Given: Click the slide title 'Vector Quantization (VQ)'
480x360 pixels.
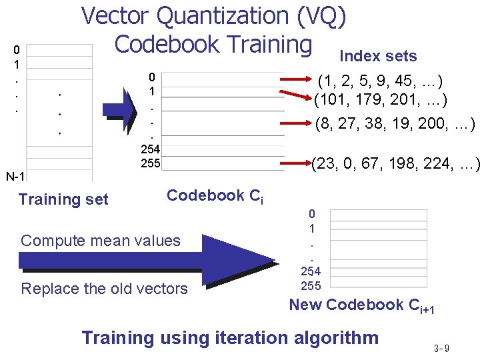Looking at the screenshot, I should coord(213,16).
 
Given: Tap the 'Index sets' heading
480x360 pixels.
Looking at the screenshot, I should coord(378,56).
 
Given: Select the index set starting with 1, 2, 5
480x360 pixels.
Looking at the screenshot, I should coord(381,82).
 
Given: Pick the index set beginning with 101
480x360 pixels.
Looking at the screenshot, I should coord(381,101).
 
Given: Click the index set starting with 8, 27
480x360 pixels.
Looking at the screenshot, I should coord(395,123).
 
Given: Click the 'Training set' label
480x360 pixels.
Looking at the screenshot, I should coord(63,199).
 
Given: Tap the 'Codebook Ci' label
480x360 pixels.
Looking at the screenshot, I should coord(215,196).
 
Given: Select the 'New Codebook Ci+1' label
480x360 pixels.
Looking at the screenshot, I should coord(361,305).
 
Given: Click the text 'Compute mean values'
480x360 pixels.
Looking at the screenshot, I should coord(101,241).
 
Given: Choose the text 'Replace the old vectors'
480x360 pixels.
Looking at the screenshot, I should coord(105,289).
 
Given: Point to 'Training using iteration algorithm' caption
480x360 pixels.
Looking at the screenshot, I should coord(230,337).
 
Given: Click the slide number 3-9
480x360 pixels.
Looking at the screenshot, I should coord(441,348).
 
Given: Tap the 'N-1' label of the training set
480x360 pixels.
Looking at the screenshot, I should coord(15,177).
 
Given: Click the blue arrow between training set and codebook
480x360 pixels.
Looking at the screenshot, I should coord(120,105).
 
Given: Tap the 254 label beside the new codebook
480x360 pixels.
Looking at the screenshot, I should coord(310,271).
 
